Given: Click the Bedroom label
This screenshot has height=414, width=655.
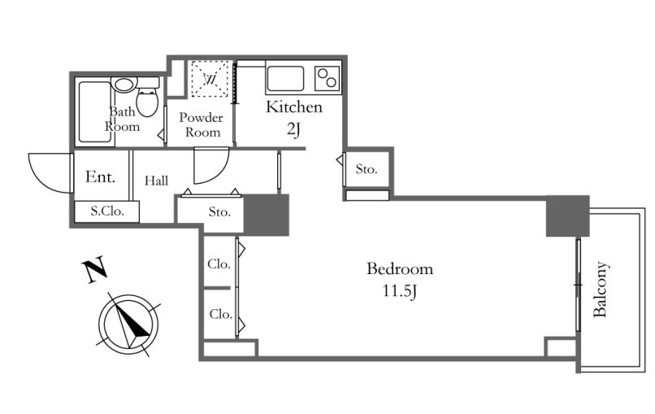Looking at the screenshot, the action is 400,268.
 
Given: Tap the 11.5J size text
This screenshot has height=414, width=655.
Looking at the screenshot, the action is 400,290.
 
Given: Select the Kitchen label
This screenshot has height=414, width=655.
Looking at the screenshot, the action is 294,107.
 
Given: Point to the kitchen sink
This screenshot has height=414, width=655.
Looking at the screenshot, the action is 286,79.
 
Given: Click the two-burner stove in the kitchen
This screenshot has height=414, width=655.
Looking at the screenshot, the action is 327,78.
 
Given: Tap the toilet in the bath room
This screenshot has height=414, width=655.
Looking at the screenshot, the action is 147,98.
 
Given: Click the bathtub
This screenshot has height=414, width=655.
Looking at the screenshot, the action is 94,111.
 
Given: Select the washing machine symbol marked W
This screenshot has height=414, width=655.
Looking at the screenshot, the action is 210,79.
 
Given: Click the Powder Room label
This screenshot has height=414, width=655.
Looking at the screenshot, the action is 201,124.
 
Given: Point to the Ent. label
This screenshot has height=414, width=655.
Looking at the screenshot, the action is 100,176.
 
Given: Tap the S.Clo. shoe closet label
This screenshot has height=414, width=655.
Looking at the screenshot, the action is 107,211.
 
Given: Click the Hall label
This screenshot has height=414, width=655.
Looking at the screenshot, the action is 156,181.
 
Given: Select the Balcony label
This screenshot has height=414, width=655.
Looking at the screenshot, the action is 601,290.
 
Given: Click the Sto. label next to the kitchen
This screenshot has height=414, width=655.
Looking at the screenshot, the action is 367,169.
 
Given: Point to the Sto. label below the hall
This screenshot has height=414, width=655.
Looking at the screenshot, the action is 219,212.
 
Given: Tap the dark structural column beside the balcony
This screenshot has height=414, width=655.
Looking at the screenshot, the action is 568,216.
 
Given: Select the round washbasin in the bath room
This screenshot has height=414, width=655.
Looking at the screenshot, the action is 124,85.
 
